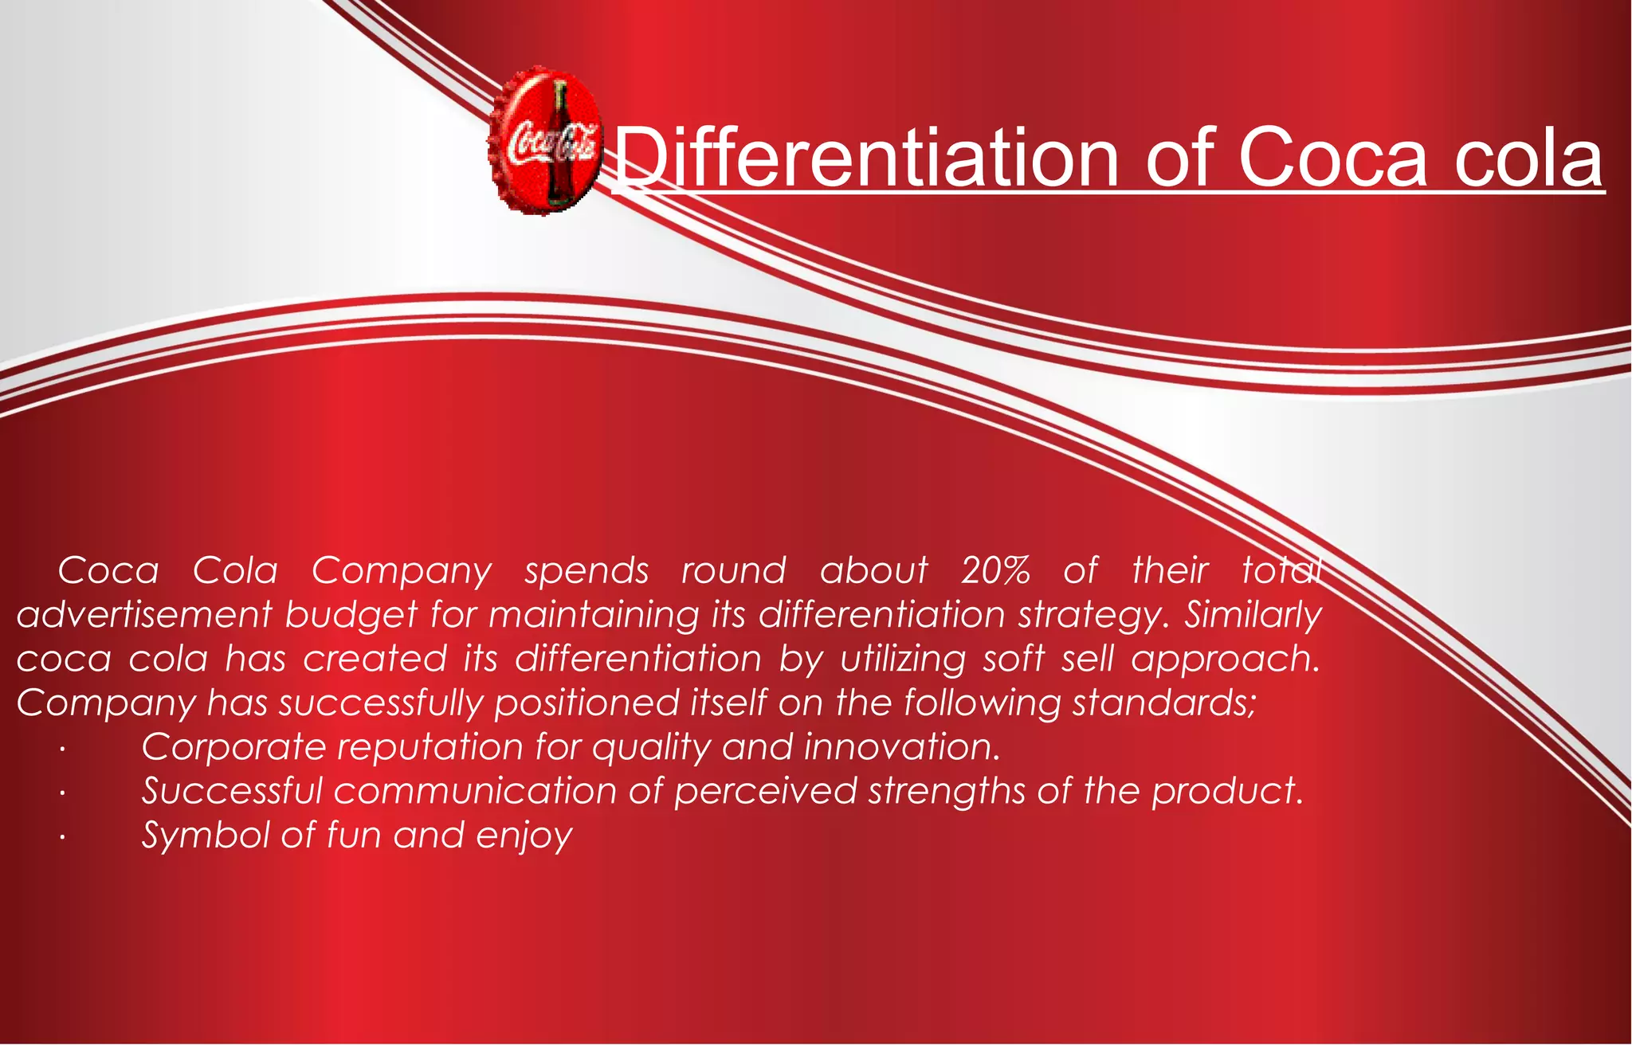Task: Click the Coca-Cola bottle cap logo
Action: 545,140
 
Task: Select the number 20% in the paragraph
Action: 994,570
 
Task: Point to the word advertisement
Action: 144,615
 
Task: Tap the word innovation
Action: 900,747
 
